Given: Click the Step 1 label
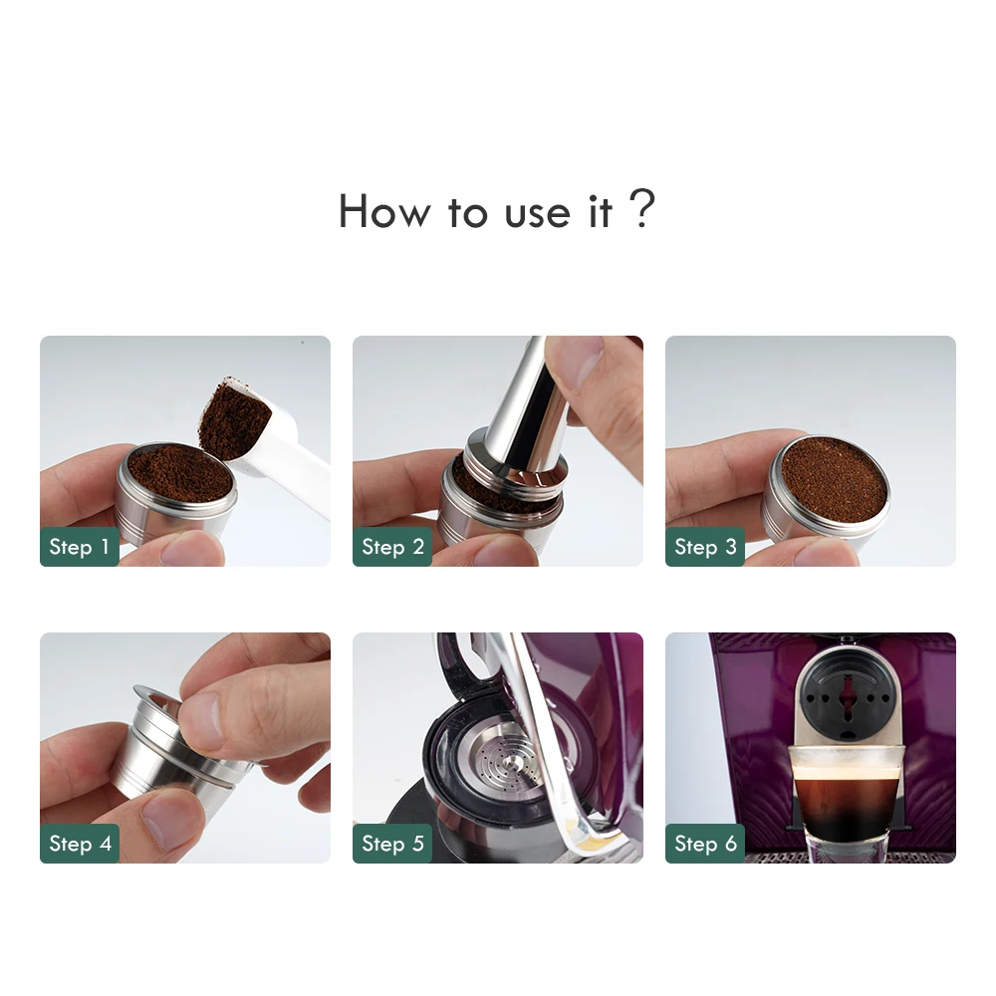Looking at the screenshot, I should pos(79,547).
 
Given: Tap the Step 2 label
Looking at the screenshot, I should pos(392,547).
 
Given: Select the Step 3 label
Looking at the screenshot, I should pos(705,547).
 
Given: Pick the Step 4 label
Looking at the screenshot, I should pos(79,844).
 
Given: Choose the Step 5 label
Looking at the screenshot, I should pos(392,844).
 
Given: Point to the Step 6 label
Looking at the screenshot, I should pos(705,844).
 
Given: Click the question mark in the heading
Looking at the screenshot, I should pos(643,210).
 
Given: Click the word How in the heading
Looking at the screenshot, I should pos(383,212).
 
